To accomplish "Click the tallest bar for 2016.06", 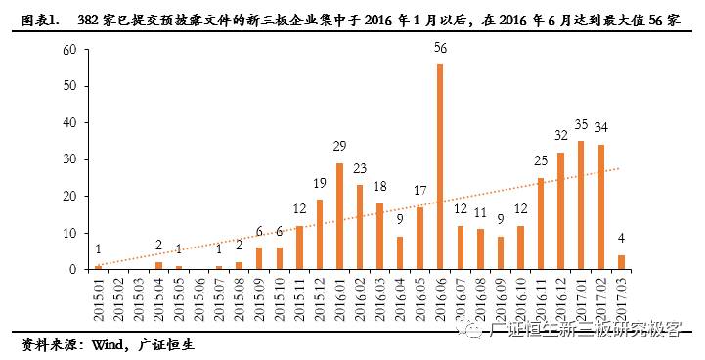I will [x=440, y=166].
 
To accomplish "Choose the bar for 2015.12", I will [x=320, y=235].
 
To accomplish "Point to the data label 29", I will [x=339, y=147].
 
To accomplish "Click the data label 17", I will [x=419, y=191].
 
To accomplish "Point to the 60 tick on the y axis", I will [x=69, y=50].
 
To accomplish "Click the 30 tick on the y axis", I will [x=69, y=159].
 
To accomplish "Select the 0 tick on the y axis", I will [x=73, y=269].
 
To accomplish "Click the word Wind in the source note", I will [x=109, y=345].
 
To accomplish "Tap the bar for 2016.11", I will [x=541, y=224].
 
